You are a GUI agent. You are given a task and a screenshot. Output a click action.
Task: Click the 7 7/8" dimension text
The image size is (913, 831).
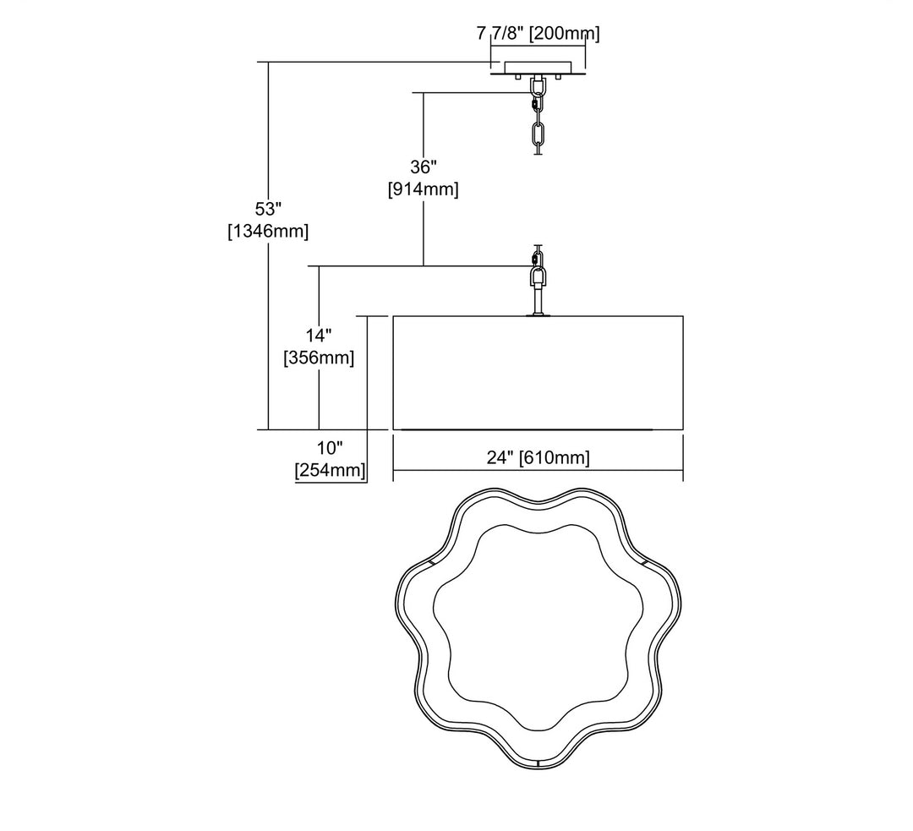[500, 34]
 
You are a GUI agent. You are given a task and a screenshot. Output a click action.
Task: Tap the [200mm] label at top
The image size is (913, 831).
[563, 34]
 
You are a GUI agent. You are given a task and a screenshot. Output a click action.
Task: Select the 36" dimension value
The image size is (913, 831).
[423, 167]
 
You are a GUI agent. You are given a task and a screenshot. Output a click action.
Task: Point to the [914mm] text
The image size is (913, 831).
[423, 189]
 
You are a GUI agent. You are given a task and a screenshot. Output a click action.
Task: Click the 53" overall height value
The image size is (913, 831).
[268, 208]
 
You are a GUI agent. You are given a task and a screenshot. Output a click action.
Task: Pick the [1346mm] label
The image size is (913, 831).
[268, 230]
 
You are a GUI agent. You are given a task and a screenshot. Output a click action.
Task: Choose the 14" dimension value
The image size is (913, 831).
[318, 335]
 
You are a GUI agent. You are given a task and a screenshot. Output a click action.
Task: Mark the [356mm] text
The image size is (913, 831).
[318, 357]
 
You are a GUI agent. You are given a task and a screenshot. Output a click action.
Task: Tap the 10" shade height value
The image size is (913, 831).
[330, 447]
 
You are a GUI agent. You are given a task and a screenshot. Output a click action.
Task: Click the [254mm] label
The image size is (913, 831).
[330, 469]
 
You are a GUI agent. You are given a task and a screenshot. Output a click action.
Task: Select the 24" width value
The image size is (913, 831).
[500, 457]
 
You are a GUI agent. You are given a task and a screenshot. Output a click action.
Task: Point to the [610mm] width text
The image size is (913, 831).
[555, 457]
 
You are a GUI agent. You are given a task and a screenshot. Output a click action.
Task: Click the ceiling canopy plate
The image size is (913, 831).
[538, 68]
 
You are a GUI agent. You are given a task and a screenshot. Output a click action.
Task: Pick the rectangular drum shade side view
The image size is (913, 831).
[538, 373]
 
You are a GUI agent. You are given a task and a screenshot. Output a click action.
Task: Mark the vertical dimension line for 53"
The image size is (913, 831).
[268, 338]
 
